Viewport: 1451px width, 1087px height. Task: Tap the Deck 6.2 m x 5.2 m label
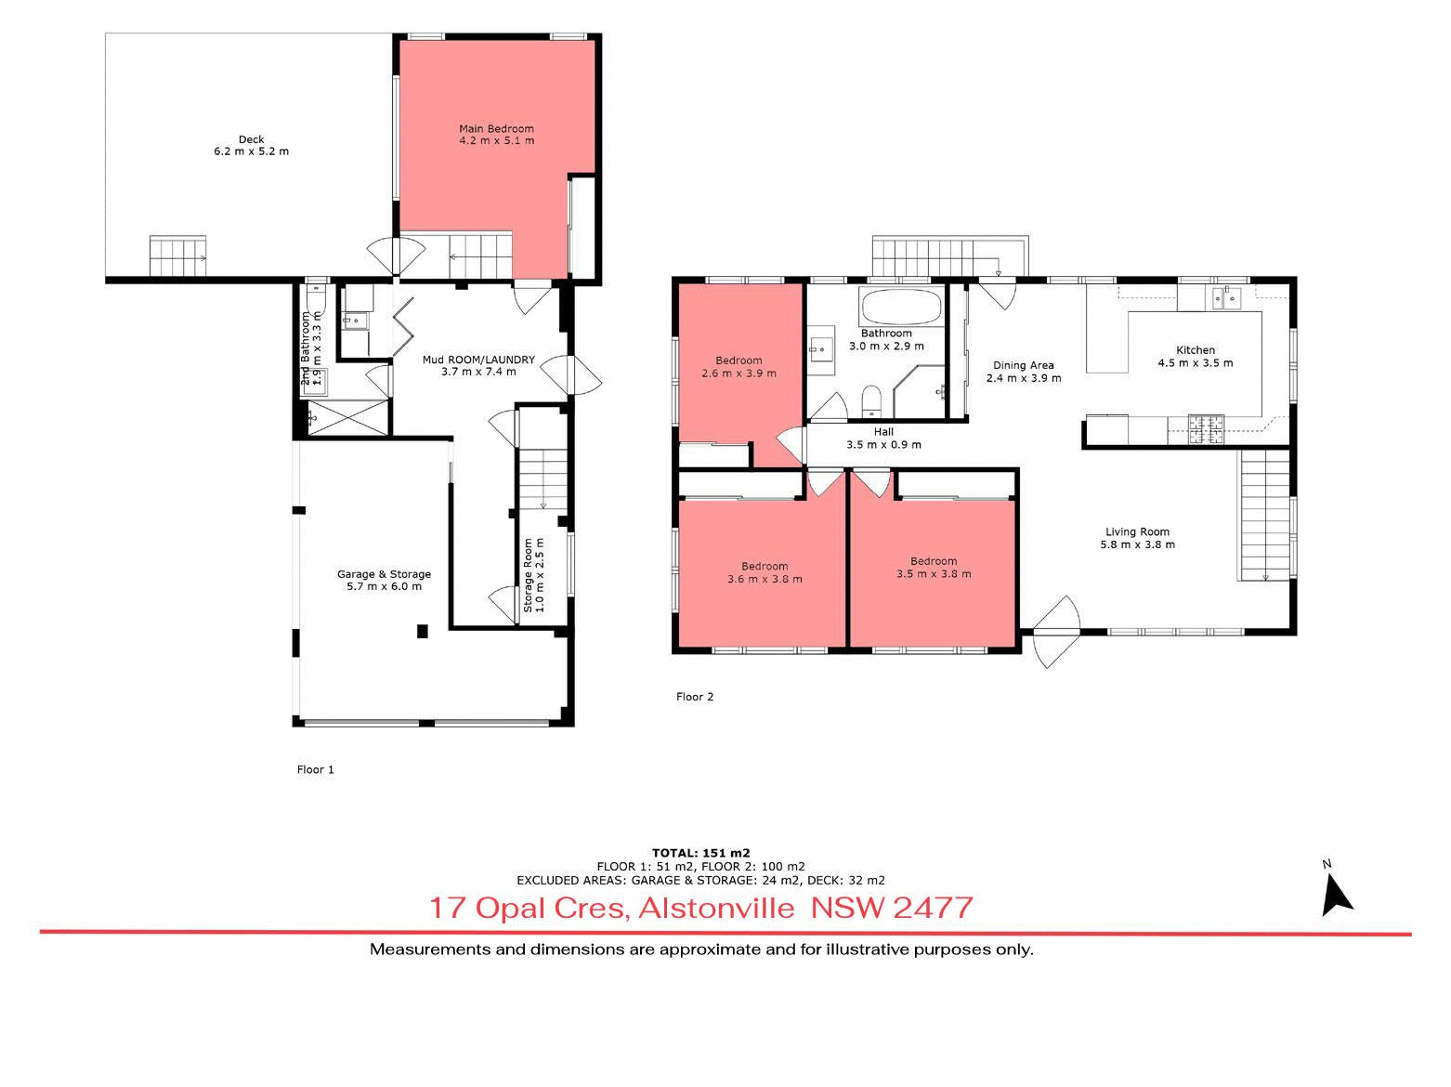pos(251,146)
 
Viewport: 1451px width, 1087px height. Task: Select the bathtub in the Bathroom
pos(901,307)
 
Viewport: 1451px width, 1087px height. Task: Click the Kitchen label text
pos(1196,350)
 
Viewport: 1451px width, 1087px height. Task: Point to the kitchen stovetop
pos(1207,429)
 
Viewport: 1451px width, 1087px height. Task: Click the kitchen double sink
pos(1226,298)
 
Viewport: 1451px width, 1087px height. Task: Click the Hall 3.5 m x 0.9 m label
pos(883,439)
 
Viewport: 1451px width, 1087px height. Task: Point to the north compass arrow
pos(1337,896)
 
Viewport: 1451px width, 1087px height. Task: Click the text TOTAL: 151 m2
pos(700,853)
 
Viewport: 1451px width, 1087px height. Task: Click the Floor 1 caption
pos(315,769)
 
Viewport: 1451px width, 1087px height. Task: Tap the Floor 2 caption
pos(695,697)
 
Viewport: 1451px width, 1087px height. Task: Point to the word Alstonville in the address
pos(716,908)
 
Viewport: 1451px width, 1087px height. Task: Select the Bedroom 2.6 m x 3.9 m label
pos(739,367)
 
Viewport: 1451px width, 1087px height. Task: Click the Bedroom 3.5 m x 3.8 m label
pos(934,568)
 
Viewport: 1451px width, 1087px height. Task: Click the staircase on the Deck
pos(177,255)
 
